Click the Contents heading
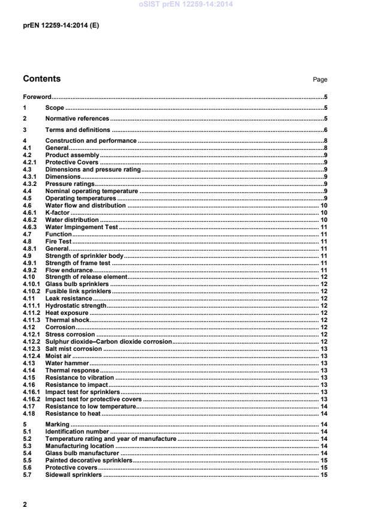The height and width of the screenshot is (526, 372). click(x=41, y=79)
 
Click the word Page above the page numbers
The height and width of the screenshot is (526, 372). click(x=320, y=80)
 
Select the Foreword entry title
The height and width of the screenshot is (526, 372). click(x=37, y=97)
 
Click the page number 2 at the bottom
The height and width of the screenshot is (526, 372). click(x=25, y=504)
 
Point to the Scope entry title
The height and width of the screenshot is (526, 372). click(x=55, y=108)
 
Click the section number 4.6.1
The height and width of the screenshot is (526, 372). click(x=30, y=212)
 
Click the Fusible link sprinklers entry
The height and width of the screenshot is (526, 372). click(x=79, y=290)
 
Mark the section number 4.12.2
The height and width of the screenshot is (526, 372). click(x=31, y=341)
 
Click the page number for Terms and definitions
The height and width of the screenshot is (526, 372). click(x=325, y=130)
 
